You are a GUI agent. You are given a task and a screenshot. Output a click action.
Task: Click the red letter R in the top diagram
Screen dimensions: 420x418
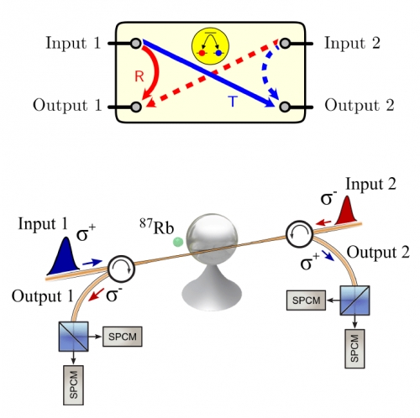pos(139,76)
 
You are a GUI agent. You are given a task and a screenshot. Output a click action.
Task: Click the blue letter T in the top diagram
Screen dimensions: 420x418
pos(233,102)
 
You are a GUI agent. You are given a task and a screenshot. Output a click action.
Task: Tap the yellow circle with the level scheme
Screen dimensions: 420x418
pos(210,45)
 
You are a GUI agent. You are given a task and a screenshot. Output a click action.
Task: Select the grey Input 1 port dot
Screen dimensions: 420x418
pos(136,44)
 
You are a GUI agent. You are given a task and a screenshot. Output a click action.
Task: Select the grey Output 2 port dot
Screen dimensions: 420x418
pos(285,107)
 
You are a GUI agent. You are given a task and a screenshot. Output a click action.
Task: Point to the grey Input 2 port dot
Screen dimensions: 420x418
pos(285,44)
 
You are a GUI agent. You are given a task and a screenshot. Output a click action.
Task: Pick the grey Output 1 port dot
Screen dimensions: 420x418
pos(136,107)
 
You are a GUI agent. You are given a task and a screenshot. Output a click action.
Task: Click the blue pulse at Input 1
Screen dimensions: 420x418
pos(65,256)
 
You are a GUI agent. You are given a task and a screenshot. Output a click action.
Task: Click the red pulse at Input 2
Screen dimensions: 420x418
pos(346,211)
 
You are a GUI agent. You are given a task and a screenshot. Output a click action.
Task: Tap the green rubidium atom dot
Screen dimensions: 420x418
pos(178,242)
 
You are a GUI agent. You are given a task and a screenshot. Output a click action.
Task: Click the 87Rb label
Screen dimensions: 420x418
pos(157,227)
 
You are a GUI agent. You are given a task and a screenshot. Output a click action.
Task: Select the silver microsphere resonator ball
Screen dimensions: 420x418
pos(212,240)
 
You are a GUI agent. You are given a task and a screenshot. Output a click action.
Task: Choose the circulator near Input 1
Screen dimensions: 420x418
pos(122,269)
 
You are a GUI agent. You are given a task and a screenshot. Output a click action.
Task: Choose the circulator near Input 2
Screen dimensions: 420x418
pos(299,234)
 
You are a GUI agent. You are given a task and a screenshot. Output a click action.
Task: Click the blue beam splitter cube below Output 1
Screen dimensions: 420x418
pos(74,337)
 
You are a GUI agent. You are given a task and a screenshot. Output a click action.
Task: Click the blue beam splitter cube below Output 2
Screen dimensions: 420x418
pos(355,300)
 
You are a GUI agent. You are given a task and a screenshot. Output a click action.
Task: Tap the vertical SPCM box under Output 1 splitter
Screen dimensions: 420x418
pos(73,385)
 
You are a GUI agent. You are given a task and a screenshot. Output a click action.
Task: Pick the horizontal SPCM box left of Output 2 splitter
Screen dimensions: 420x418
pos(306,300)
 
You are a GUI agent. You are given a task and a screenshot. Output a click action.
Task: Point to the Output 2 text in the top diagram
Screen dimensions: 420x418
pos(360,106)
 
